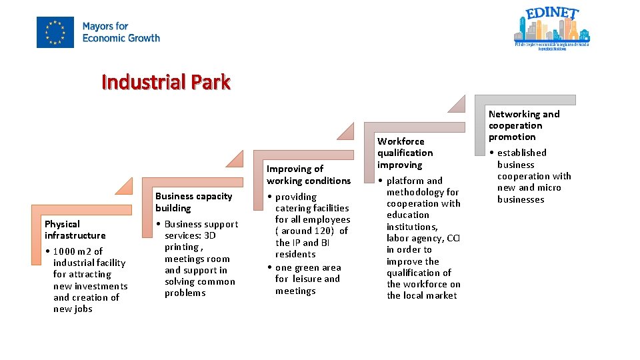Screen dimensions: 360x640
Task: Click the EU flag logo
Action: coord(55,32)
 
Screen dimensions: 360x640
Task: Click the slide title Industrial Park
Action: coord(166,82)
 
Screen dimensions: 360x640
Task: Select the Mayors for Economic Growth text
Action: coord(121,32)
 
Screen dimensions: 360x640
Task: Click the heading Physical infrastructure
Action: coord(75,229)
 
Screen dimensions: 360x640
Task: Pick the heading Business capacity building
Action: coord(193,201)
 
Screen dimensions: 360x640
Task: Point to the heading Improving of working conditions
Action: coord(308,175)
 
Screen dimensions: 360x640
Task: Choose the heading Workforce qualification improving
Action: coord(405,153)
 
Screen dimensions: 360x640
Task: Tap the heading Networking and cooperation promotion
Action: coord(523,125)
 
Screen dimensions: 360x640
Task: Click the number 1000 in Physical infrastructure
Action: coord(64,251)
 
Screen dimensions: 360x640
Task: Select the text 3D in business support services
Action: coord(209,235)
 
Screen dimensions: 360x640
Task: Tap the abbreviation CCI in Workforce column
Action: coord(453,238)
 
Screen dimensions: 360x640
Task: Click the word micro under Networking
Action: coord(549,187)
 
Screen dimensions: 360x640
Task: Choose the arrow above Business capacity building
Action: coord(235,157)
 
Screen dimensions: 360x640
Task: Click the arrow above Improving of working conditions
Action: coord(346,131)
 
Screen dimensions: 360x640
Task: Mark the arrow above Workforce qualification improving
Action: coord(457,103)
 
